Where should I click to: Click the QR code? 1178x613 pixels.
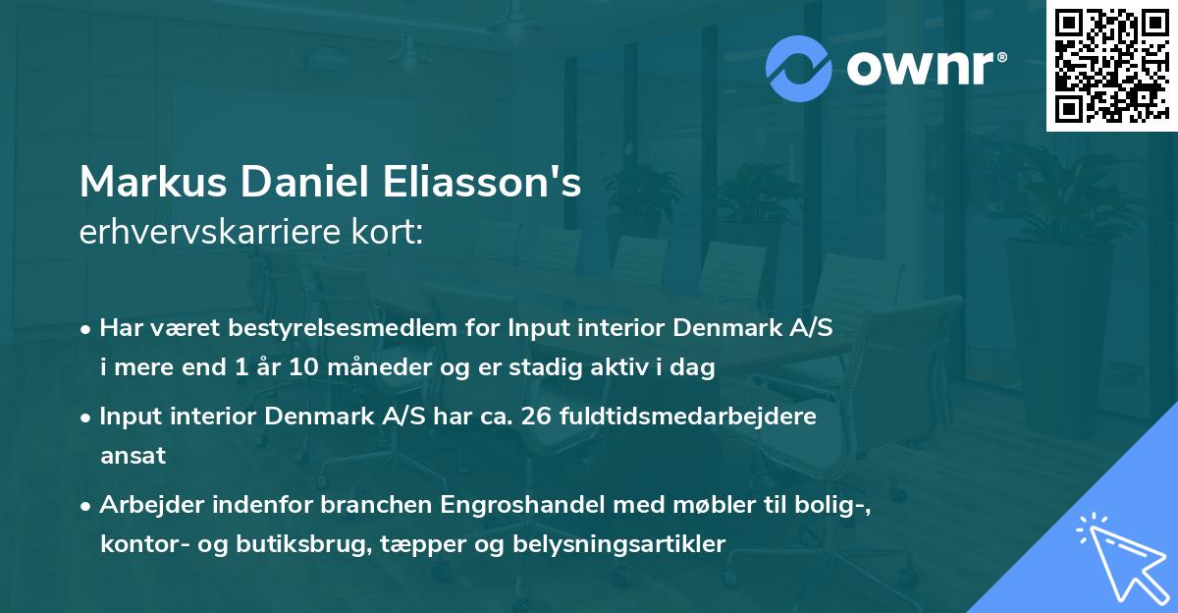pyautogui.click(x=1112, y=65)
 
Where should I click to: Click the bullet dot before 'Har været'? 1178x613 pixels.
pyautogui.click(x=87, y=329)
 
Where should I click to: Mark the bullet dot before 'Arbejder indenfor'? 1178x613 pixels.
pyautogui.click(x=87, y=509)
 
